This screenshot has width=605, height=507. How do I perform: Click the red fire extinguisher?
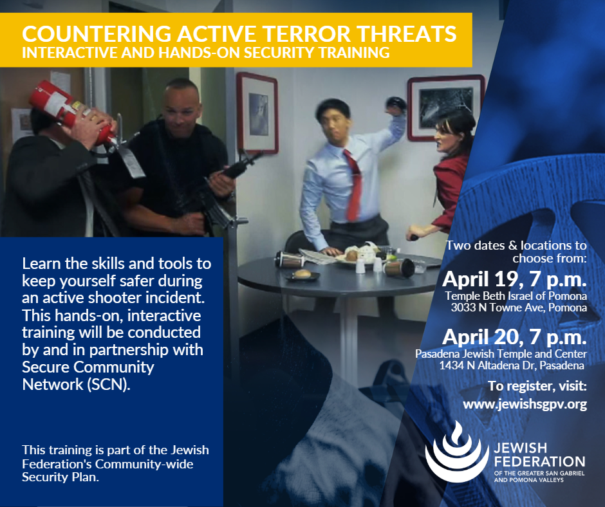pyautogui.click(x=73, y=112)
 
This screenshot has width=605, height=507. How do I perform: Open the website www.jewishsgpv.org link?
pyautogui.click(x=525, y=404)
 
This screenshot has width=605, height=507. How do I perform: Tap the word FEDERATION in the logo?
pyautogui.click(x=540, y=461)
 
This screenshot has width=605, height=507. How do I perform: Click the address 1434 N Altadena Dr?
pyautogui.click(x=487, y=365)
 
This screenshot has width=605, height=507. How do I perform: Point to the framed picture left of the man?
pyautogui.click(x=257, y=113)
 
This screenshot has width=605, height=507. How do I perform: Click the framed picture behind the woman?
pyautogui.click(x=445, y=107)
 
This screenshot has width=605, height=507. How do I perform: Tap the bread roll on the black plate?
pyautogui.click(x=303, y=273)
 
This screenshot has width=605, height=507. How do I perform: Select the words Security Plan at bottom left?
pyautogui.click(x=60, y=477)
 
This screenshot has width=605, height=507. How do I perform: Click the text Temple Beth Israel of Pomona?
pyautogui.click(x=516, y=296)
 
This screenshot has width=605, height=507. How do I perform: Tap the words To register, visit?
pyautogui.click(x=537, y=386)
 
